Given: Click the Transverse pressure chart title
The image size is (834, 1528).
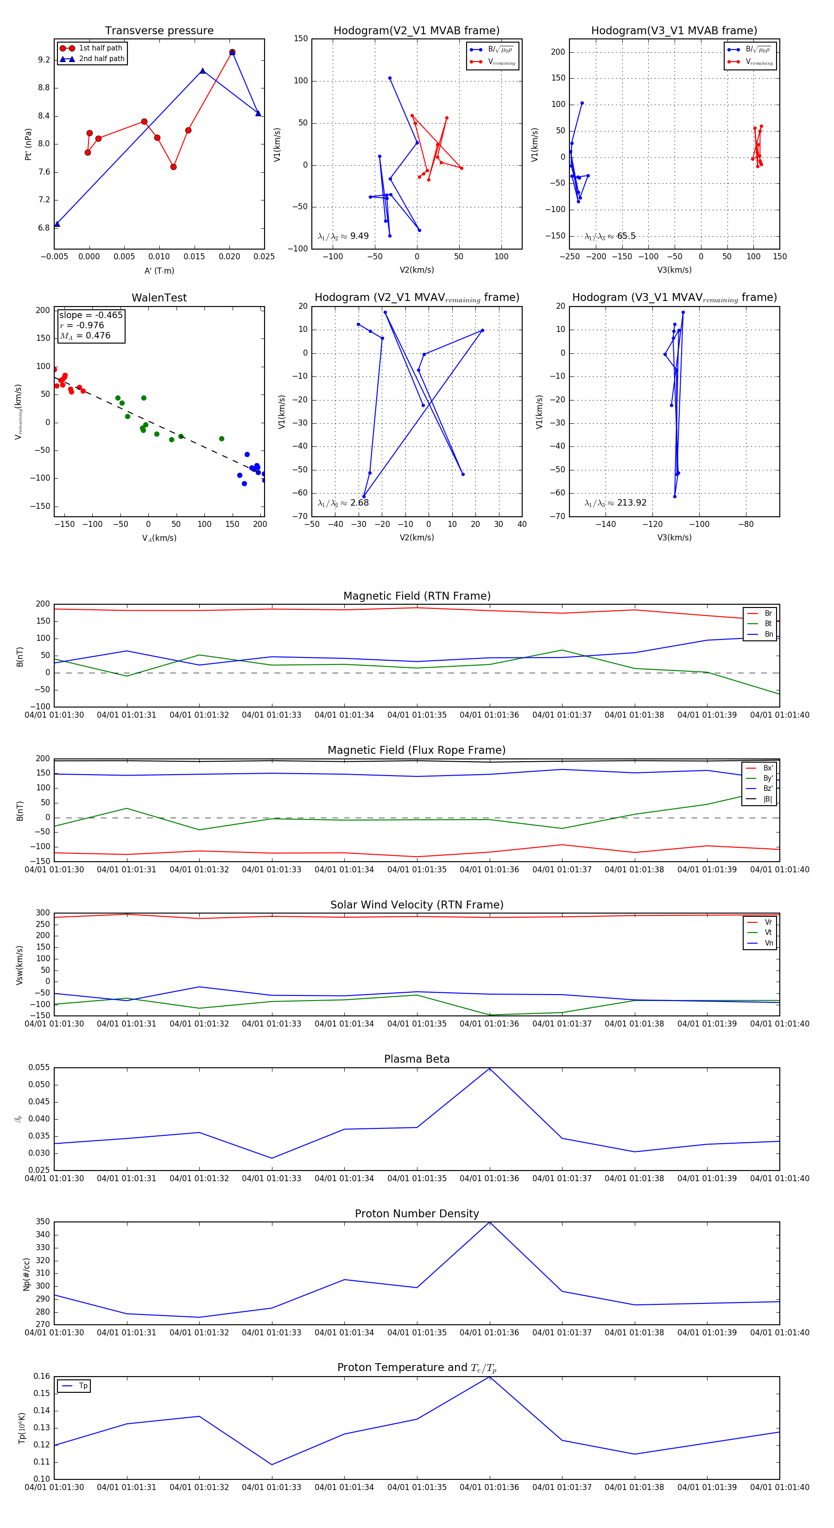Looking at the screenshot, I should coord(159,30).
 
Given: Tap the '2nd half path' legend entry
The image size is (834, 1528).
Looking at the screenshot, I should coord(101,59).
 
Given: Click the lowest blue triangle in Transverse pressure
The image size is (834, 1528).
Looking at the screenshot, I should coord(57,224).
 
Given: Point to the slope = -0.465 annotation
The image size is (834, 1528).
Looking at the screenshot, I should coord(91,315).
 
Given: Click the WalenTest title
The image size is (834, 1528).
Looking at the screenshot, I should coord(159,298).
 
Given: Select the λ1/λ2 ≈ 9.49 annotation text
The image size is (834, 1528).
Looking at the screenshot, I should coord(343,236).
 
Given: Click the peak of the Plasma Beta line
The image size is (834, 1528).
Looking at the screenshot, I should coord(489,1068).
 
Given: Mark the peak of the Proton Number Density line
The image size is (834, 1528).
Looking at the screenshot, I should coord(489,1222).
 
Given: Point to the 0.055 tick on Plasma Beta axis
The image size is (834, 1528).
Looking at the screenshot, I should coord(39,1068).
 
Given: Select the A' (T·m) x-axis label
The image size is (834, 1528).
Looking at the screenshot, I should coord(159,270).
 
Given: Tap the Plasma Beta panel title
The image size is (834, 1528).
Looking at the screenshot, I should coord(417,1059).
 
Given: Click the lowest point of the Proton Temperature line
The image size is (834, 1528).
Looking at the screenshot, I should coord(272,1465).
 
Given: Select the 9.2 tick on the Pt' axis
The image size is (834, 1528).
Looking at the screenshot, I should coord(44,60).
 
